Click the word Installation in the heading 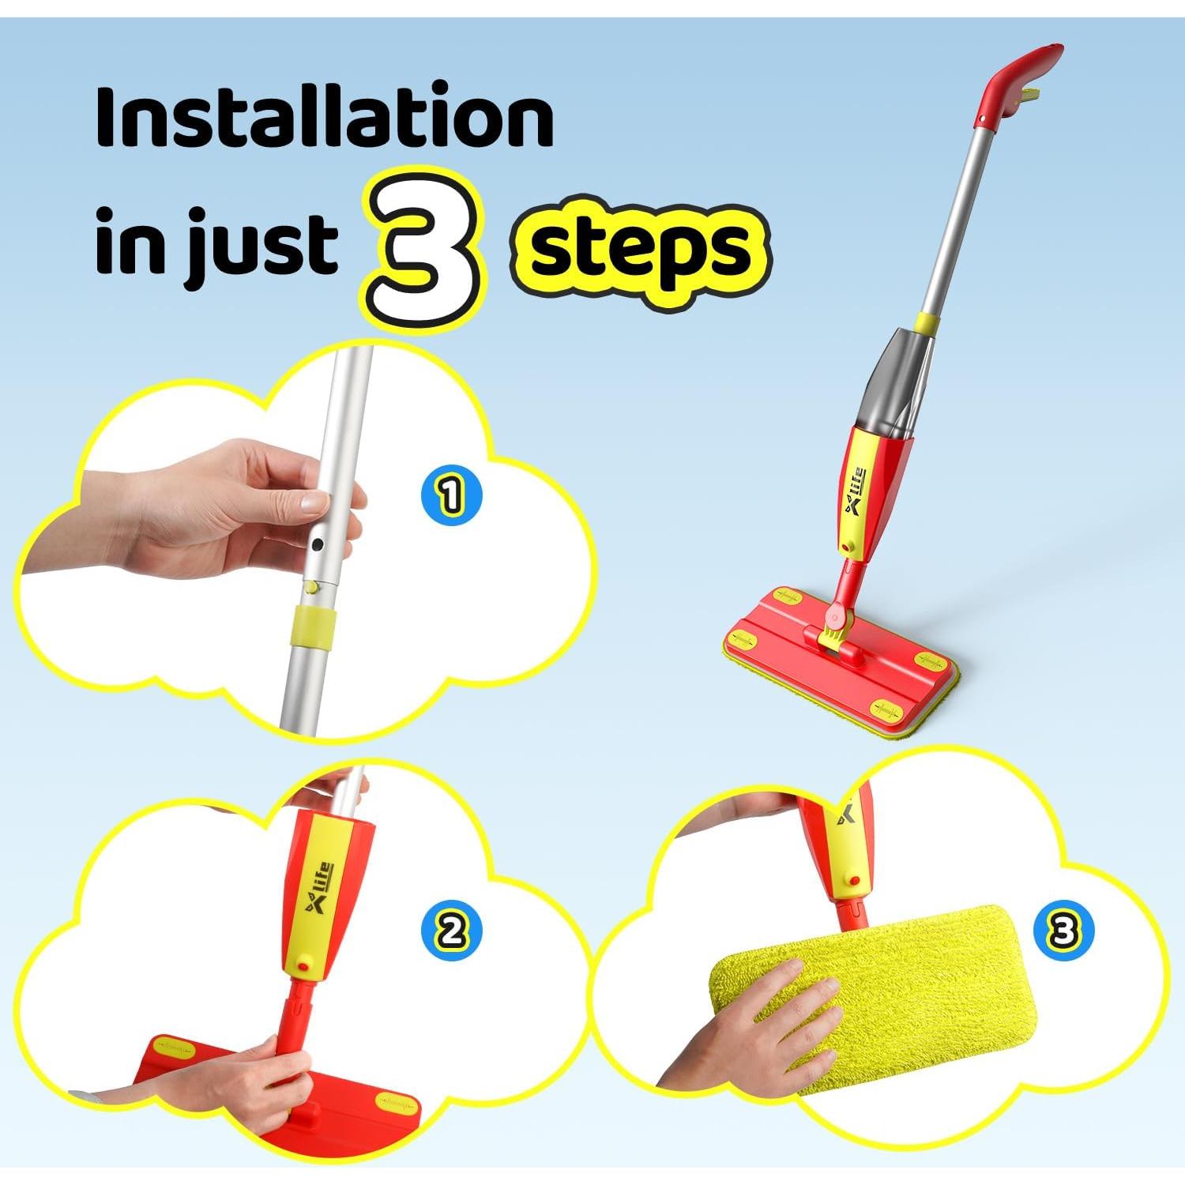324,118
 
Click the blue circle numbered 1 451,496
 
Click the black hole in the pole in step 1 318,545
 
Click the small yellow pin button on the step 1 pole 314,588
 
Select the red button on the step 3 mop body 854,878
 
